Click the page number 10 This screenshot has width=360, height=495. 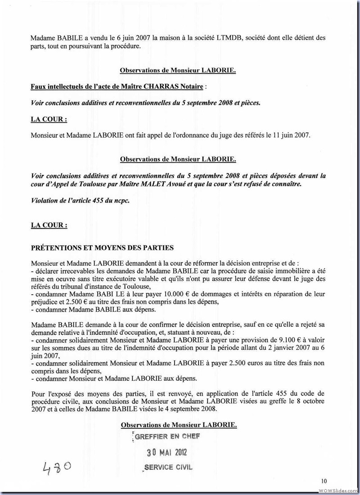(324, 480)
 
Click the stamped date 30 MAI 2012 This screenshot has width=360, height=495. (167, 452)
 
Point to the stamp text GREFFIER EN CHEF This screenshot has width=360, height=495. (165, 436)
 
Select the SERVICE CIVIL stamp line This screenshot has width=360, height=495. (167, 467)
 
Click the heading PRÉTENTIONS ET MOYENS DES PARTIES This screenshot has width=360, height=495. (102, 247)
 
